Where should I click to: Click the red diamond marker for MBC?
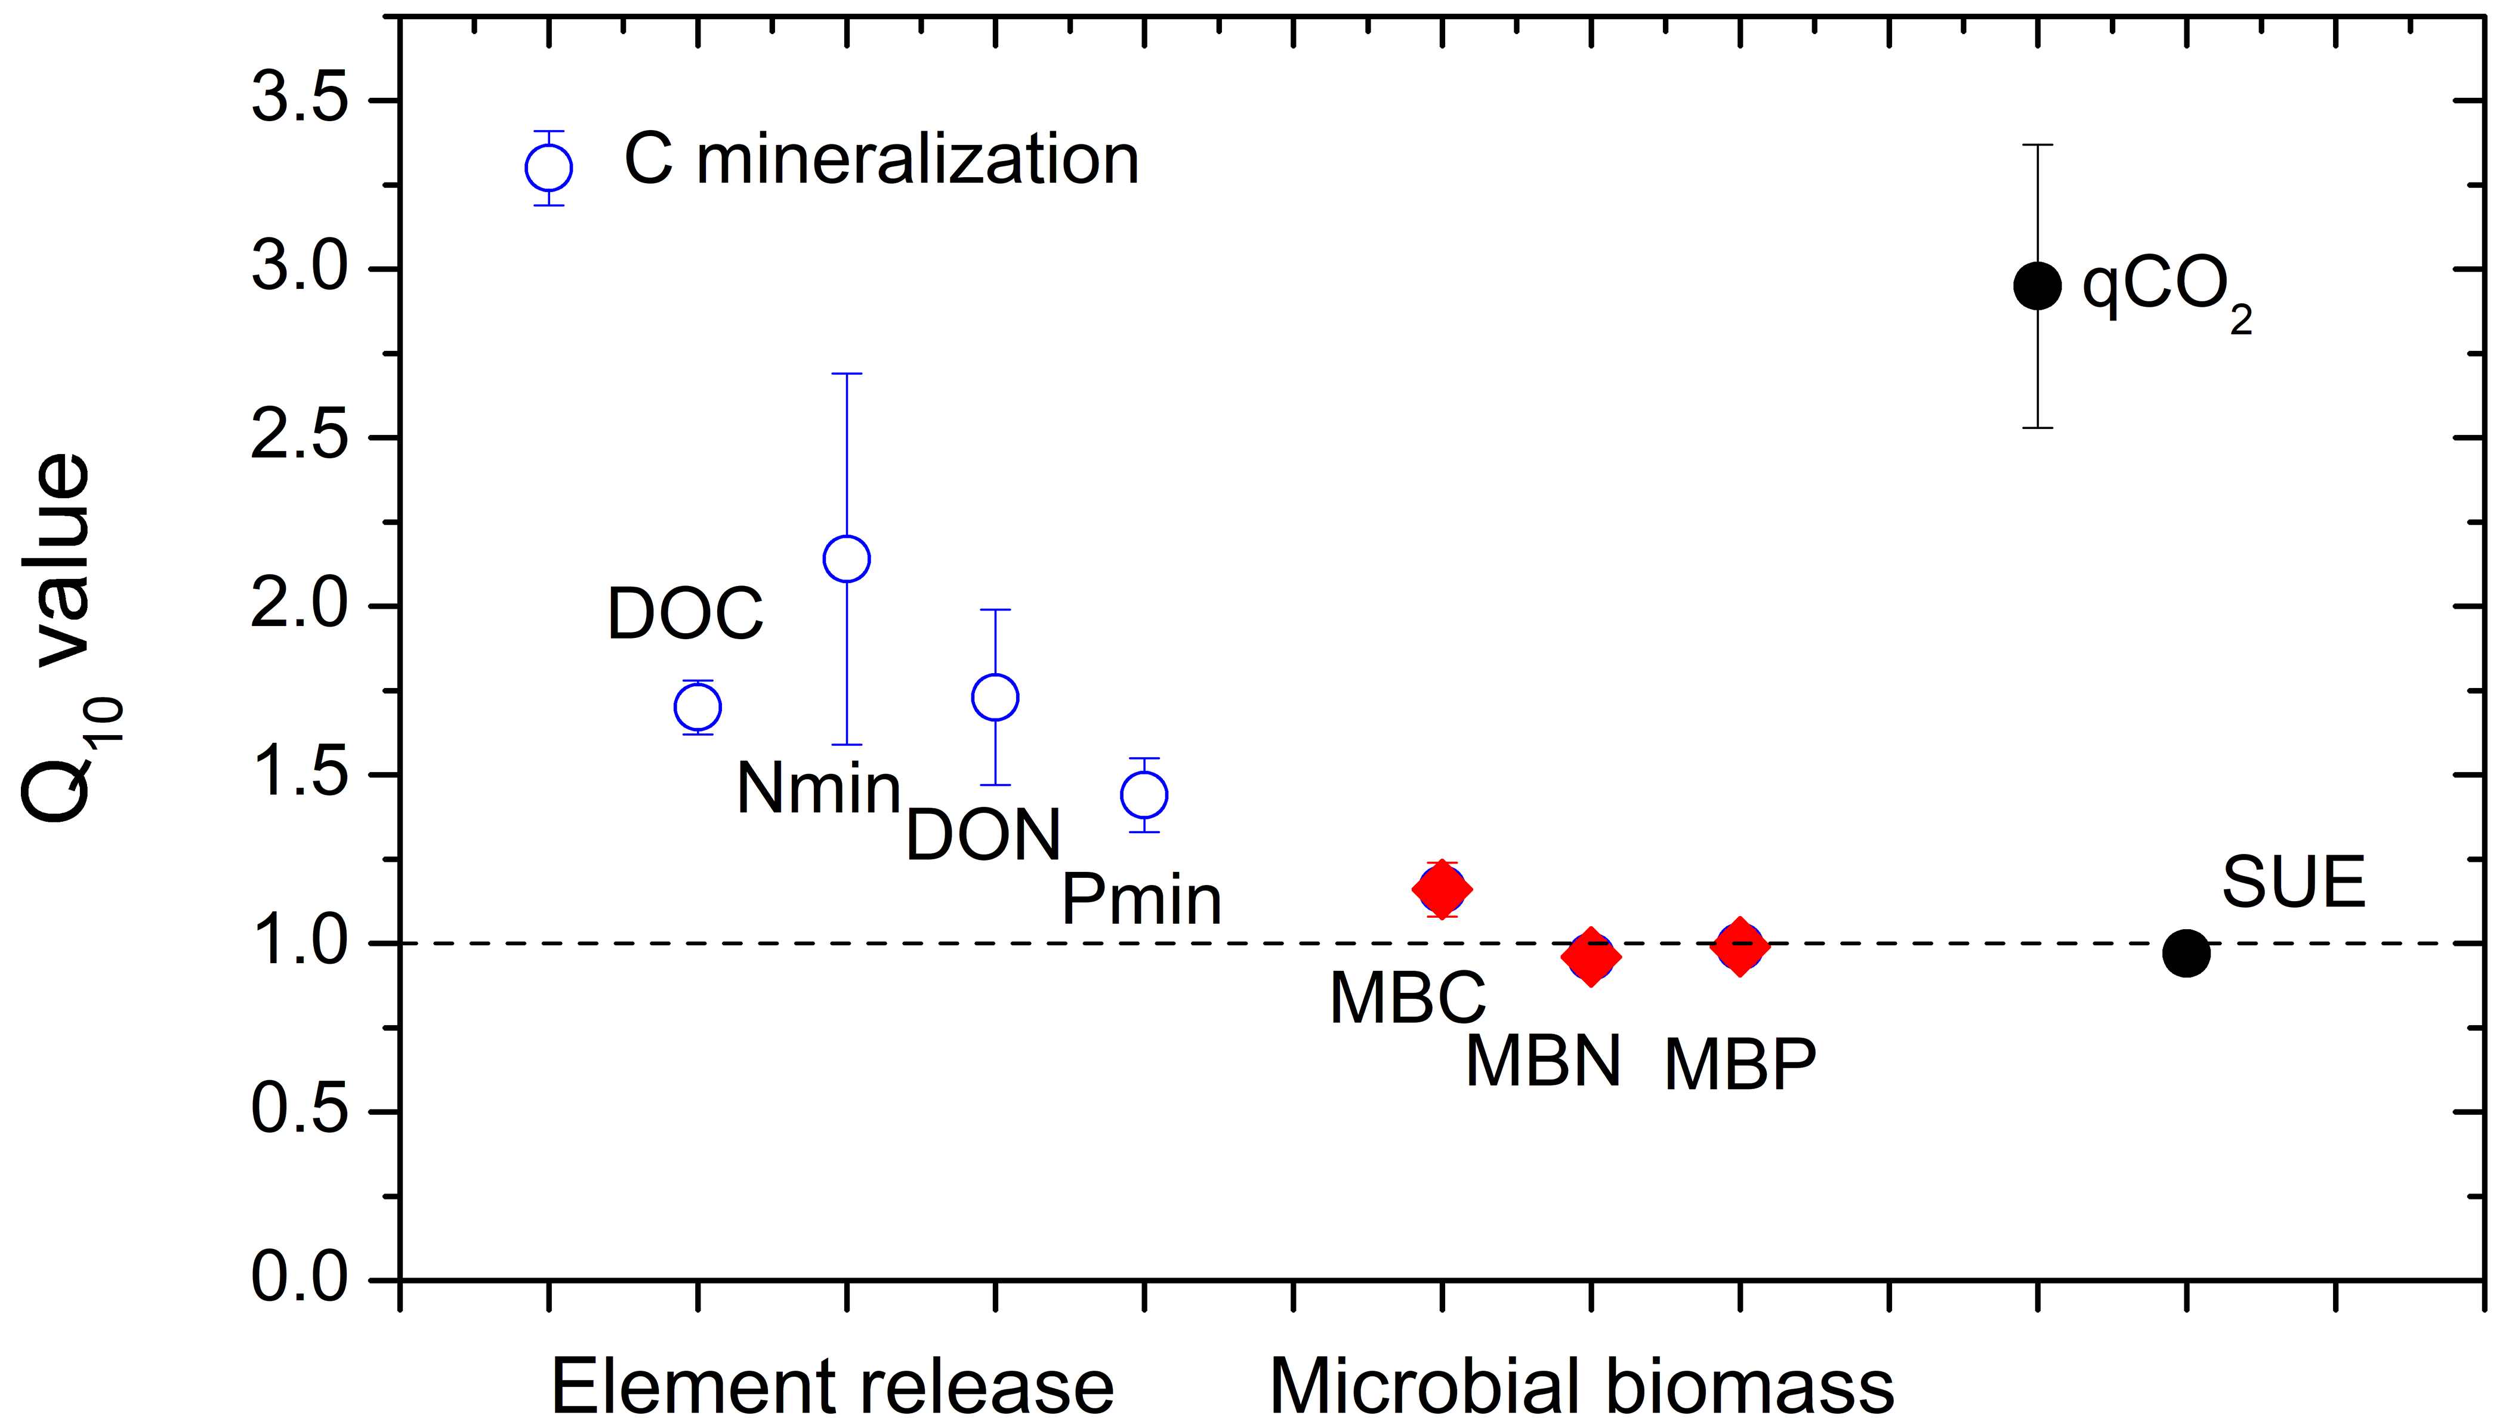click(x=1442, y=890)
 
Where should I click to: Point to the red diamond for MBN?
click(x=1590, y=956)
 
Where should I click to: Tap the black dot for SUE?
click(x=2186, y=952)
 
